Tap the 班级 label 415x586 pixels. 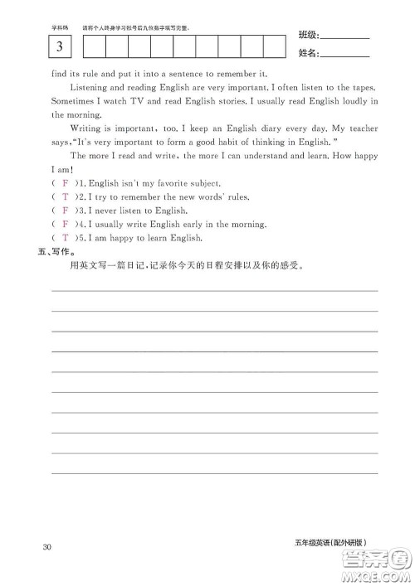coord(307,36)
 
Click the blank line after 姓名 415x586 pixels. coord(344,56)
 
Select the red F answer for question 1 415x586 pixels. coord(65,182)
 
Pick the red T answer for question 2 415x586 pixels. coord(65,196)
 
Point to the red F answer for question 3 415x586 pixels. coord(65,211)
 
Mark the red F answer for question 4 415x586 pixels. coord(65,224)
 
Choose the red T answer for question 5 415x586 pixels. coord(65,238)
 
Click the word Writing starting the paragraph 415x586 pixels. coord(88,128)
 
